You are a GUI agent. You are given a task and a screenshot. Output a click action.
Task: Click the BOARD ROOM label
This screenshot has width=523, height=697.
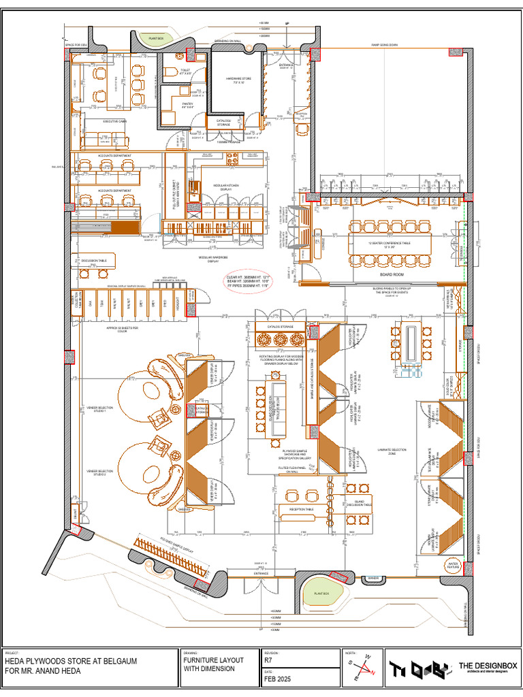click(x=392, y=274)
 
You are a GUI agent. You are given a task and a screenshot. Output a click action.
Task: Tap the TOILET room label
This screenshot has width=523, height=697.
click(x=185, y=71)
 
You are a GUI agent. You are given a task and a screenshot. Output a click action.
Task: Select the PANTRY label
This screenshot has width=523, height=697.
click(x=188, y=105)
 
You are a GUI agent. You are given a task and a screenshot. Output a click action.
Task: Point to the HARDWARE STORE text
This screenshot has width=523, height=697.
click(x=238, y=80)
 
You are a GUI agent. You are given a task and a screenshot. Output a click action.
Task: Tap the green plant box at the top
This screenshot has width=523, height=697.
click(x=155, y=38)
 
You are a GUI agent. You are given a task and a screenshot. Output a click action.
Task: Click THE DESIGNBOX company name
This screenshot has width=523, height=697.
click(x=487, y=666)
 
